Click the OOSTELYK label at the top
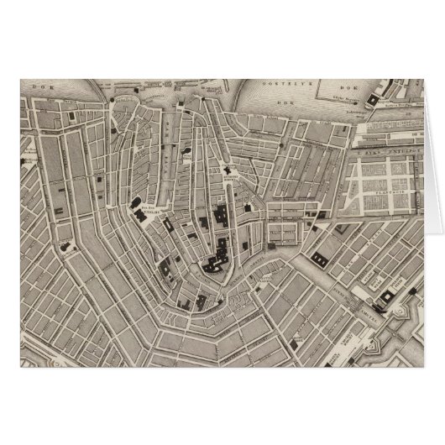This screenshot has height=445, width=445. point(301,85)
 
